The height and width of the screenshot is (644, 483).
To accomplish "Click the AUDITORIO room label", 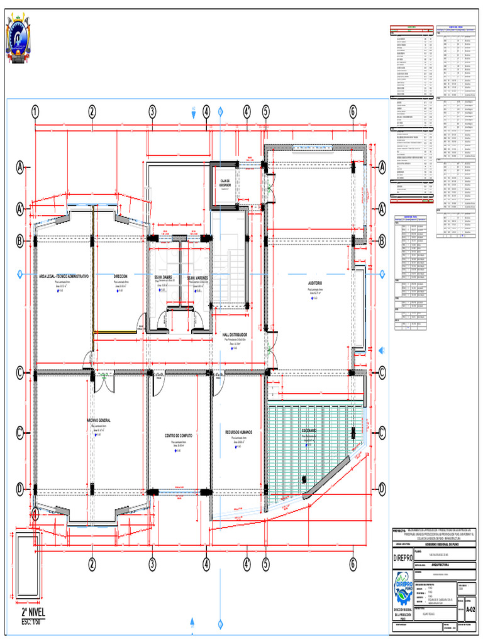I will [x=315, y=284].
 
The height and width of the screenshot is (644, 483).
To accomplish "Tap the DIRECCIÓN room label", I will [x=121, y=276].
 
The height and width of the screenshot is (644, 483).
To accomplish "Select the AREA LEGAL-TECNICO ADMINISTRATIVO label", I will [x=64, y=276].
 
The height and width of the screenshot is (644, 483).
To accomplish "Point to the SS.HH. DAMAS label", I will [x=163, y=277].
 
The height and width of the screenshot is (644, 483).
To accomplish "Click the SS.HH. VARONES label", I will [x=197, y=277].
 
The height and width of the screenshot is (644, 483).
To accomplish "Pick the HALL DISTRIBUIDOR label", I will [x=235, y=335].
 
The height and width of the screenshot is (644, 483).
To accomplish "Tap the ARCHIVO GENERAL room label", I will [x=99, y=420].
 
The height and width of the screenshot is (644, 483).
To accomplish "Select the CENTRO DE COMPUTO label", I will [x=178, y=435].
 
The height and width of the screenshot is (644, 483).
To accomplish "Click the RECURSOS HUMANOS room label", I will [x=239, y=432].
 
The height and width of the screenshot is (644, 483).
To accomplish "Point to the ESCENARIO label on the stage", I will [x=313, y=431].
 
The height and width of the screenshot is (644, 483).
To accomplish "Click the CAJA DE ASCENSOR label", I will [x=225, y=182].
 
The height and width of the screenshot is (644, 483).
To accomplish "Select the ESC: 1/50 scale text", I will [x=30, y=622].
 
